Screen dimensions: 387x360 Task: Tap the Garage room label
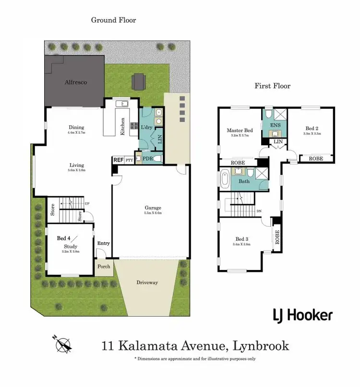[153, 208]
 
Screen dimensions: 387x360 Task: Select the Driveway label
[147, 282]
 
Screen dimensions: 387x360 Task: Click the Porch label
[104, 267]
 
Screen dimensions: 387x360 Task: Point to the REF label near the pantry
[118, 161]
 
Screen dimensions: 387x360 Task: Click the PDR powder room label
[147, 158]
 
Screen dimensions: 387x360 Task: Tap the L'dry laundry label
[146, 128]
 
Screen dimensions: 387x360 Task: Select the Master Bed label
[240, 130]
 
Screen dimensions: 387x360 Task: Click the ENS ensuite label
[276, 125]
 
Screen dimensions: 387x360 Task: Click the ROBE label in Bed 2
[315, 158]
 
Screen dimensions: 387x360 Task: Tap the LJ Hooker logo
[302, 315]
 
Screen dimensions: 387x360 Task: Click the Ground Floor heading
[114, 20]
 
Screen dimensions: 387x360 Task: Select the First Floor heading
[272, 86]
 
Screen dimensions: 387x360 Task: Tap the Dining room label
[76, 128]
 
